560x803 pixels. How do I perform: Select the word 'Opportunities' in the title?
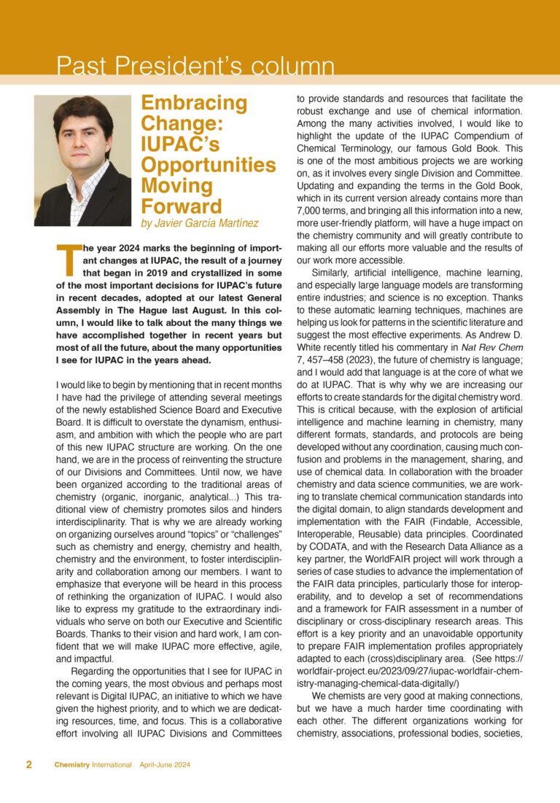click(x=208, y=164)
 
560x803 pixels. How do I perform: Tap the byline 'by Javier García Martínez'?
click(x=209, y=223)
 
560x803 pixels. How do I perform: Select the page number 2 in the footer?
click(x=28, y=765)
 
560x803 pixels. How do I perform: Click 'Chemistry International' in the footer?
click(x=93, y=765)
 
